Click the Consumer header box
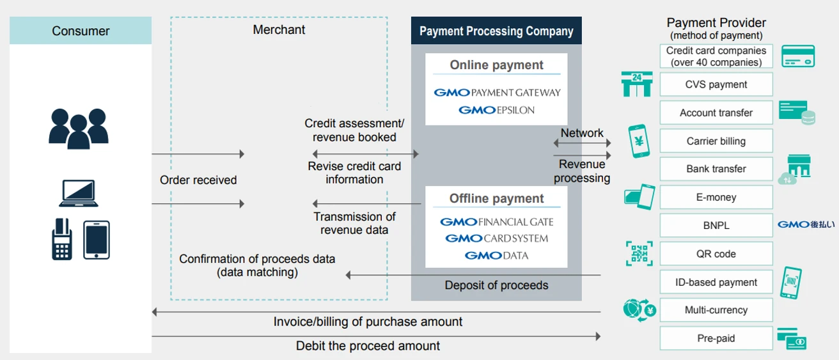point(81,31)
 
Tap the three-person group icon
point(78,127)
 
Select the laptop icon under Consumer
point(78,194)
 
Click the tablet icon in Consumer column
point(97,240)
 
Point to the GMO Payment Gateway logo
point(497,92)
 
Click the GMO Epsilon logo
point(496,110)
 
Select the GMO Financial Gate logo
point(497,222)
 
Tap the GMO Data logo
point(496,255)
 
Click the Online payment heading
point(496,65)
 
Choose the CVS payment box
point(716,84)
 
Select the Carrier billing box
point(716,141)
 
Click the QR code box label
point(716,254)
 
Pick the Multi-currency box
point(716,310)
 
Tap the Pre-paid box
point(716,338)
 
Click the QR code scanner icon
point(639,253)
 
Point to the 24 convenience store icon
point(636,84)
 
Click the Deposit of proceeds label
point(496,285)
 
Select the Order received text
point(198,180)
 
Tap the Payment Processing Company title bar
point(496,31)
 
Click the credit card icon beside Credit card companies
point(797,56)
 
